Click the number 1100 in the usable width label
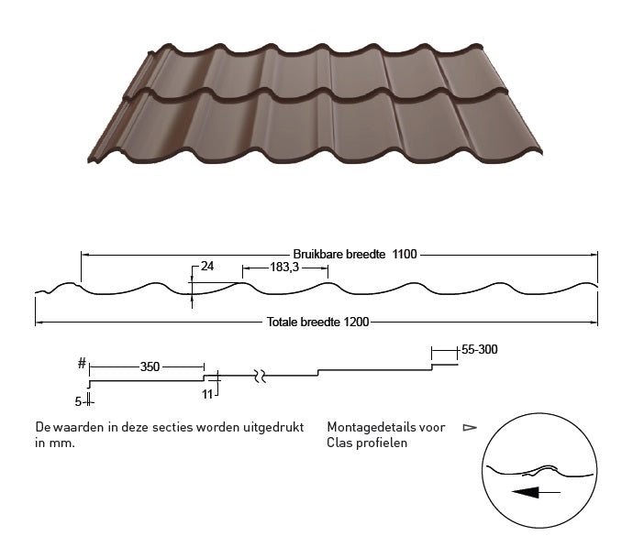pyautogui.click(x=405, y=255)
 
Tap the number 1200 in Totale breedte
pyautogui.click(x=356, y=322)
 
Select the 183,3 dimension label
pyautogui.click(x=284, y=268)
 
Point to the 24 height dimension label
pyautogui.click(x=207, y=267)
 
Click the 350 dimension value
pyautogui.click(x=150, y=366)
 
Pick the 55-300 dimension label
pyautogui.click(x=480, y=349)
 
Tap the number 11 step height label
pyautogui.click(x=207, y=394)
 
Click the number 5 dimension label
pyautogui.click(x=79, y=401)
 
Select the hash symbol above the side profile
pyautogui.click(x=83, y=363)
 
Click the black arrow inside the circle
pyautogui.click(x=536, y=492)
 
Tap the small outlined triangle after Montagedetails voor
pyautogui.click(x=470, y=427)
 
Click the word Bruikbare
pyautogui.click(x=318, y=255)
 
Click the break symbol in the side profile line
pyautogui.click(x=260, y=376)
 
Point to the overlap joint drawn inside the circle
pyautogui.click(x=540, y=471)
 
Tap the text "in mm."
pyautogui.click(x=55, y=443)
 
